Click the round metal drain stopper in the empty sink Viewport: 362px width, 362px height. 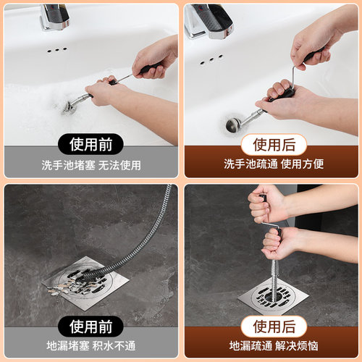click(234, 125)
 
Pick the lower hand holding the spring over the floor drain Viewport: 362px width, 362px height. click(278, 243)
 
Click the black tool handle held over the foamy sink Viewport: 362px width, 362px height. click(148, 70)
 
